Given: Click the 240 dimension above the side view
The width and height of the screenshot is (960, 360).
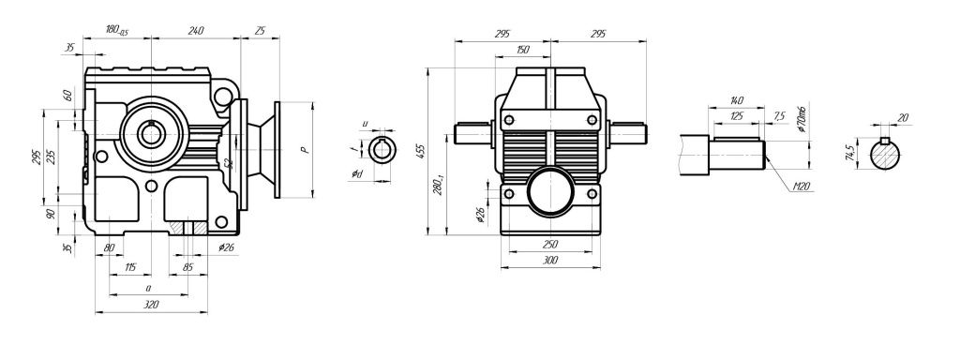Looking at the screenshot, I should coord(195,30).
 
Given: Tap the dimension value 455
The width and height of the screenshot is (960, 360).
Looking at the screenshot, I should coord(421,149).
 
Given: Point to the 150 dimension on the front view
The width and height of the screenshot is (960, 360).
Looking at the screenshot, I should coord(522,49).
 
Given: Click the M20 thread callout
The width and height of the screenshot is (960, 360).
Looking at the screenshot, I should coord(800,187).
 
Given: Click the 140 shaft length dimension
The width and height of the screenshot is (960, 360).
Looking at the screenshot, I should coord(735,99).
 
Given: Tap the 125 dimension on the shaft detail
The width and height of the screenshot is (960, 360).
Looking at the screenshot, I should coord(736,116).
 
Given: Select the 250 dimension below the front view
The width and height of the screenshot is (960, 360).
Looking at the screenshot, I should coord(551,244).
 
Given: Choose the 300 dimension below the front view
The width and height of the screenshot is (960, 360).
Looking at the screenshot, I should coord(551,260).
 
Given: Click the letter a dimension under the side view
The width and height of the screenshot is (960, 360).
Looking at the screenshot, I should coord(148,288).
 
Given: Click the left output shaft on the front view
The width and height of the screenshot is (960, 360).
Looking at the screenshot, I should coord(473,133).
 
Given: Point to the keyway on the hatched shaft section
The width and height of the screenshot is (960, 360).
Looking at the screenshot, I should coord(886,142).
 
